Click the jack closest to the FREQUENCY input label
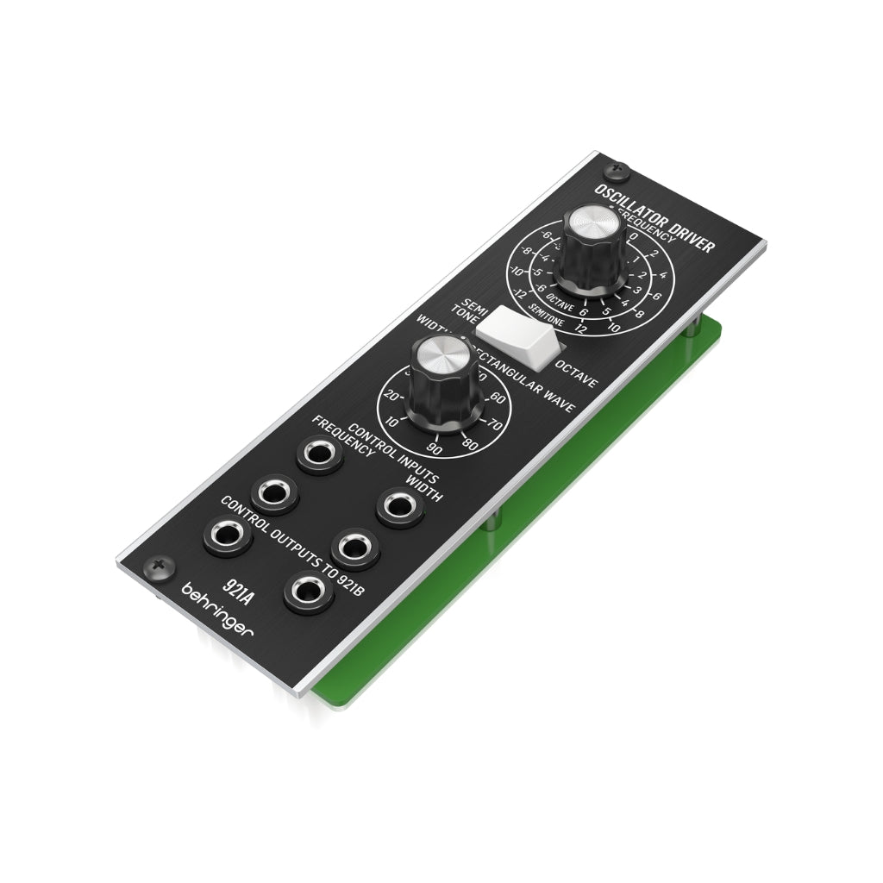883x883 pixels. point(319,454)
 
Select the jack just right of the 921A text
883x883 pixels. point(308,591)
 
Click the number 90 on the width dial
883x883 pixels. point(435,449)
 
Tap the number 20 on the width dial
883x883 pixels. point(391,395)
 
